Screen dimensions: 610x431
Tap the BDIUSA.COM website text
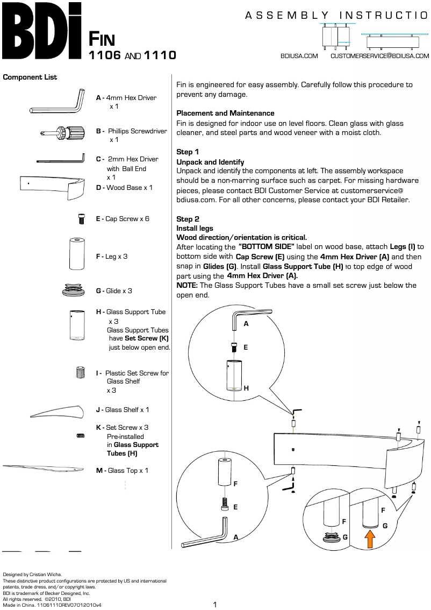click(299, 56)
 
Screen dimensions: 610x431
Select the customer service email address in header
click(379, 56)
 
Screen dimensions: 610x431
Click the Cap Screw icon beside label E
click(81, 219)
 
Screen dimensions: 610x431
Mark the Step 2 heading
click(188, 219)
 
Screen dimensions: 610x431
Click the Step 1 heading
click(188, 152)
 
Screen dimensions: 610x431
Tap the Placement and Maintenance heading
click(225, 114)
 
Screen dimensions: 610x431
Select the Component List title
click(30, 77)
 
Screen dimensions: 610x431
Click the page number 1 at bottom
click(215, 605)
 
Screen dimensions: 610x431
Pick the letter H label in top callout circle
click(246, 388)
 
